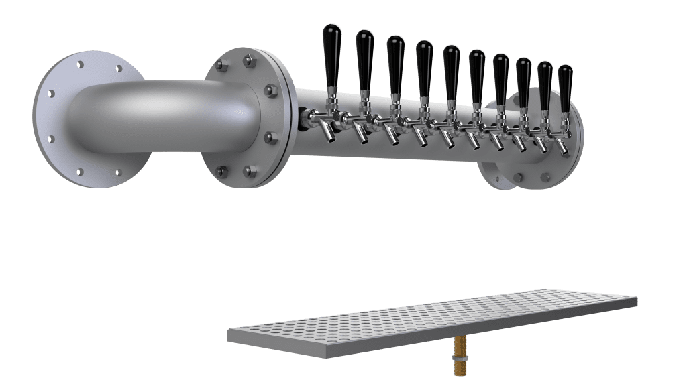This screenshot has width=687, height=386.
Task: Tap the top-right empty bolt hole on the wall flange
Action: pyautogui.click(x=119, y=68)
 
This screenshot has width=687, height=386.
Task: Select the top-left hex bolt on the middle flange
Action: pyautogui.click(x=219, y=65)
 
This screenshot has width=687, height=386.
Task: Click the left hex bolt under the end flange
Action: pyautogui.click(x=518, y=178)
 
